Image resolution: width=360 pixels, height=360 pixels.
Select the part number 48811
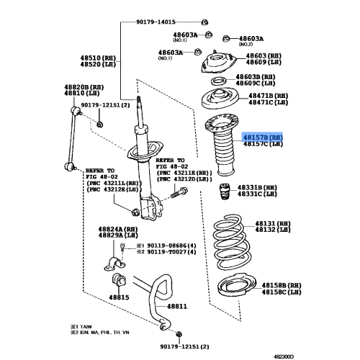[x=177, y=306]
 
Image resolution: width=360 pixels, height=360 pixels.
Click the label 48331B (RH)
[x=257, y=187]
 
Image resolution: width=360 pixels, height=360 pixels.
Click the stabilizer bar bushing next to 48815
[x=120, y=279]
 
